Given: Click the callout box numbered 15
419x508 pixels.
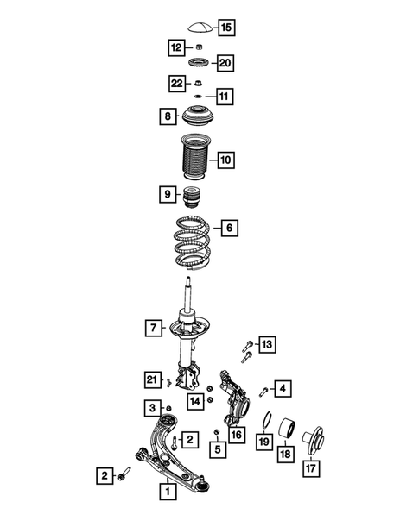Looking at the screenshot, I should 225,28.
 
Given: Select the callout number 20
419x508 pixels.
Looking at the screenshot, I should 225,63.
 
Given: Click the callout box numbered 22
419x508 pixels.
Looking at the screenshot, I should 176,83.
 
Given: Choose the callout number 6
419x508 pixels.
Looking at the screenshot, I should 229,228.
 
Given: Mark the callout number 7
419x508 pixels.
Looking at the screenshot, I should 154,328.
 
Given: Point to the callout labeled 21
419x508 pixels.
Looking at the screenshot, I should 153,379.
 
